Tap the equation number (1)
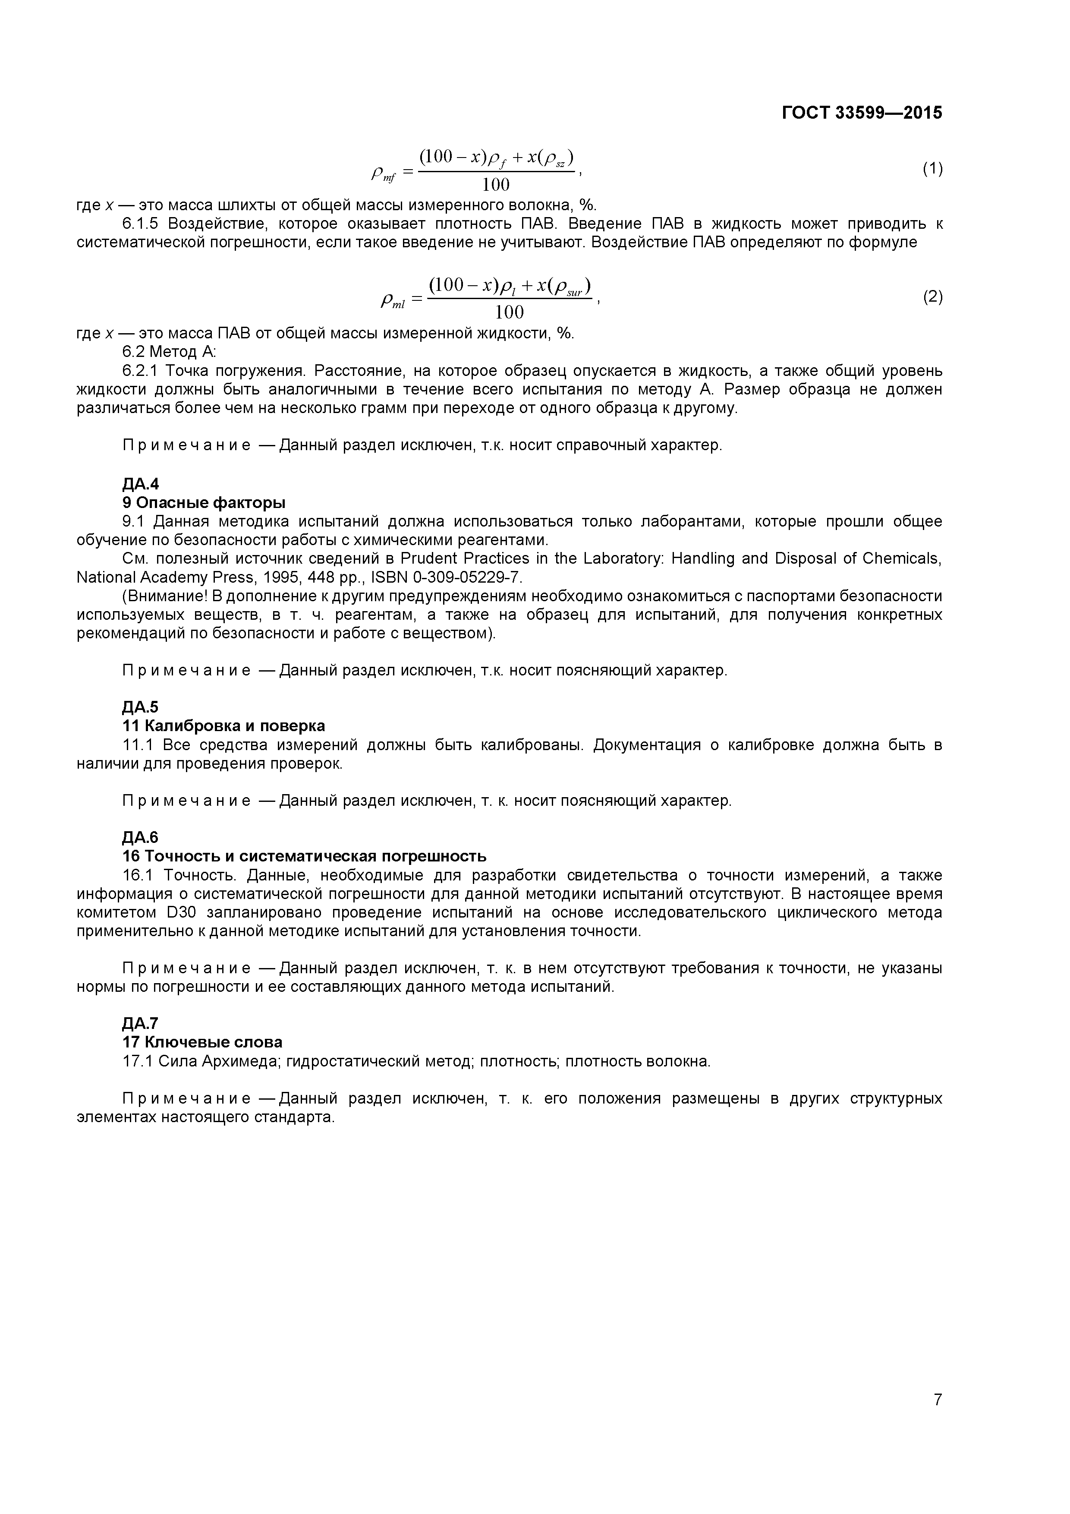[x=932, y=169]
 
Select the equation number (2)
[x=932, y=297]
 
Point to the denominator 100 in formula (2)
[x=509, y=312]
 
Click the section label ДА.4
[x=140, y=484]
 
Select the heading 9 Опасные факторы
[x=204, y=503]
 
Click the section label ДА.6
[x=140, y=837]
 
